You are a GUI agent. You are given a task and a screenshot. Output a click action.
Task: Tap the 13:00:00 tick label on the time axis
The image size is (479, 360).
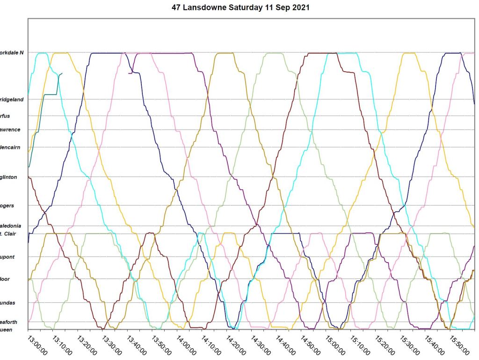pyautogui.click(x=38, y=344)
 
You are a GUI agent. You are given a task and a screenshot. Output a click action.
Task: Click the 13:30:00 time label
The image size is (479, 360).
pyautogui.click(x=112, y=344)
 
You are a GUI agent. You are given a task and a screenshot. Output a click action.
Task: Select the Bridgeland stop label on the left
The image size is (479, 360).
pyautogui.click(x=12, y=99)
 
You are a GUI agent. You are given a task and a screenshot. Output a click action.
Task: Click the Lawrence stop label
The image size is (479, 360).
pyautogui.click(x=11, y=129)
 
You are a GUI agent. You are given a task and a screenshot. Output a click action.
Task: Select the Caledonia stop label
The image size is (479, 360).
pyautogui.click(x=11, y=226)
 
